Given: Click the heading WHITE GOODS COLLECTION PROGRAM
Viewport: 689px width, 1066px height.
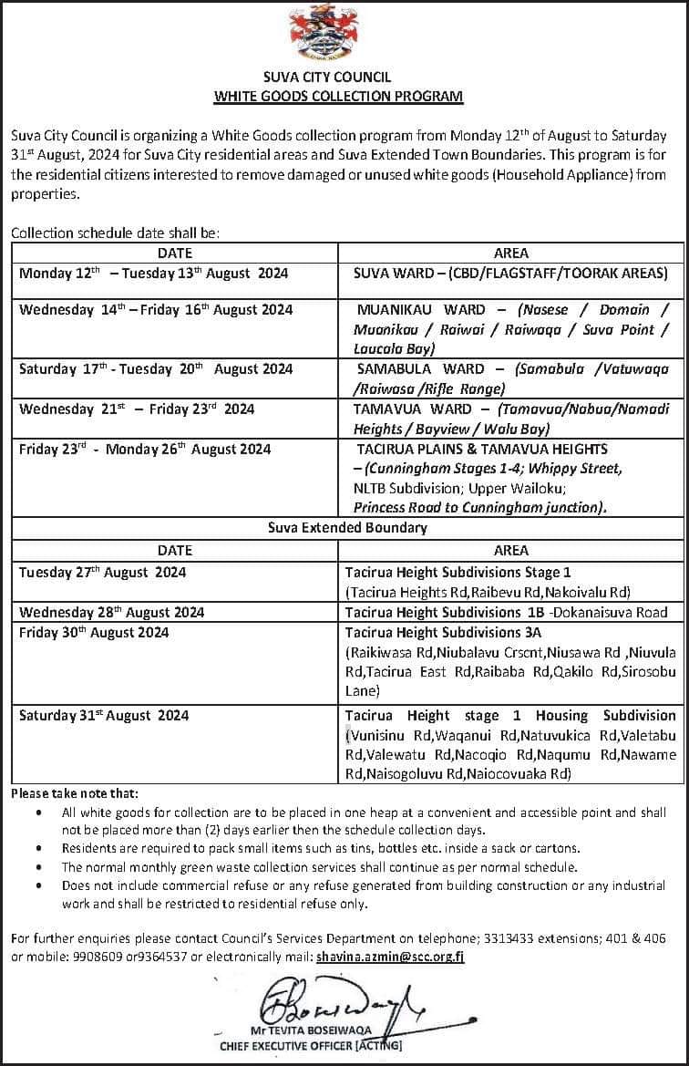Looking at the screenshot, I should pyautogui.click(x=338, y=96).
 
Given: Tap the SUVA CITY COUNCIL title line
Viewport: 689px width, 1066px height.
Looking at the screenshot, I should pyautogui.click(x=339, y=78).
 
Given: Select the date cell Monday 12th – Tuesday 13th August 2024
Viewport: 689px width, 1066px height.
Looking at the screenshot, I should pyautogui.click(x=153, y=273).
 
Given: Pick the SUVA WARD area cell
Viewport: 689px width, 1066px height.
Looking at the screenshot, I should pyautogui.click(x=510, y=273).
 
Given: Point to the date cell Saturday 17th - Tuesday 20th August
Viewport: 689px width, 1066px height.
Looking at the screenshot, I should pyautogui.click(x=156, y=369).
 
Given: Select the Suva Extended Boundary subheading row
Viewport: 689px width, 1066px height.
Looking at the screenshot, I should pyautogui.click(x=347, y=528).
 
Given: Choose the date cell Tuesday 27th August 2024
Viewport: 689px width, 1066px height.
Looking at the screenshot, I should pyautogui.click(x=102, y=573).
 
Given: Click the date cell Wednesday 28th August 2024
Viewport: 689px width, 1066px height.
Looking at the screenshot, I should pyautogui.click(x=111, y=612).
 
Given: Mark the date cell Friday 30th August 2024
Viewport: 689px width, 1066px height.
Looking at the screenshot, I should pyautogui.click(x=94, y=632).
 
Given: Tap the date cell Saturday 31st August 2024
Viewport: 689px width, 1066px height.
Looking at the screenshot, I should pyautogui.click(x=104, y=716).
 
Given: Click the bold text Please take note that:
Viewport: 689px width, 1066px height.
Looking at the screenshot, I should pyautogui.click(x=75, y=794).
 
